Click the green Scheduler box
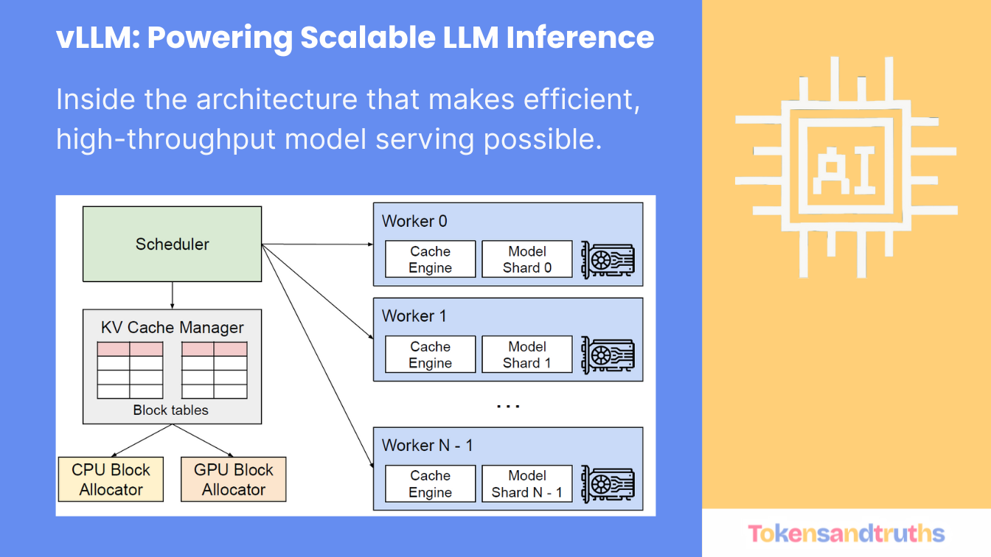coord(172,244)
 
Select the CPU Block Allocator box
coord(111,480)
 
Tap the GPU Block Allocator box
coord(233,480)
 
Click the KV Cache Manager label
coord(172,327)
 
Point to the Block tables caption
coord(170,410)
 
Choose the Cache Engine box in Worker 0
coord(430,259)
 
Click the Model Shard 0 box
coord(526,259)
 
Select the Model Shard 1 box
coord(526,354)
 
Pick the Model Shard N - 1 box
coord(526,484)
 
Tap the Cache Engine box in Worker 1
coord(430,354)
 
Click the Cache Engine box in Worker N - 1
coord(430,484)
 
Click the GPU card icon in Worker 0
coord(608,259)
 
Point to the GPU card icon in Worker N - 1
coord(608,484)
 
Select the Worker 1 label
coord(414,316)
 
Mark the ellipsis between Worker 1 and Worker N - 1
coord(508,405)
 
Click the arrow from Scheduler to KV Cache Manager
coord(172,295)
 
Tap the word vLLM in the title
coord(97,38)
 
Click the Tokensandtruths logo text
coord(846,533)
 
